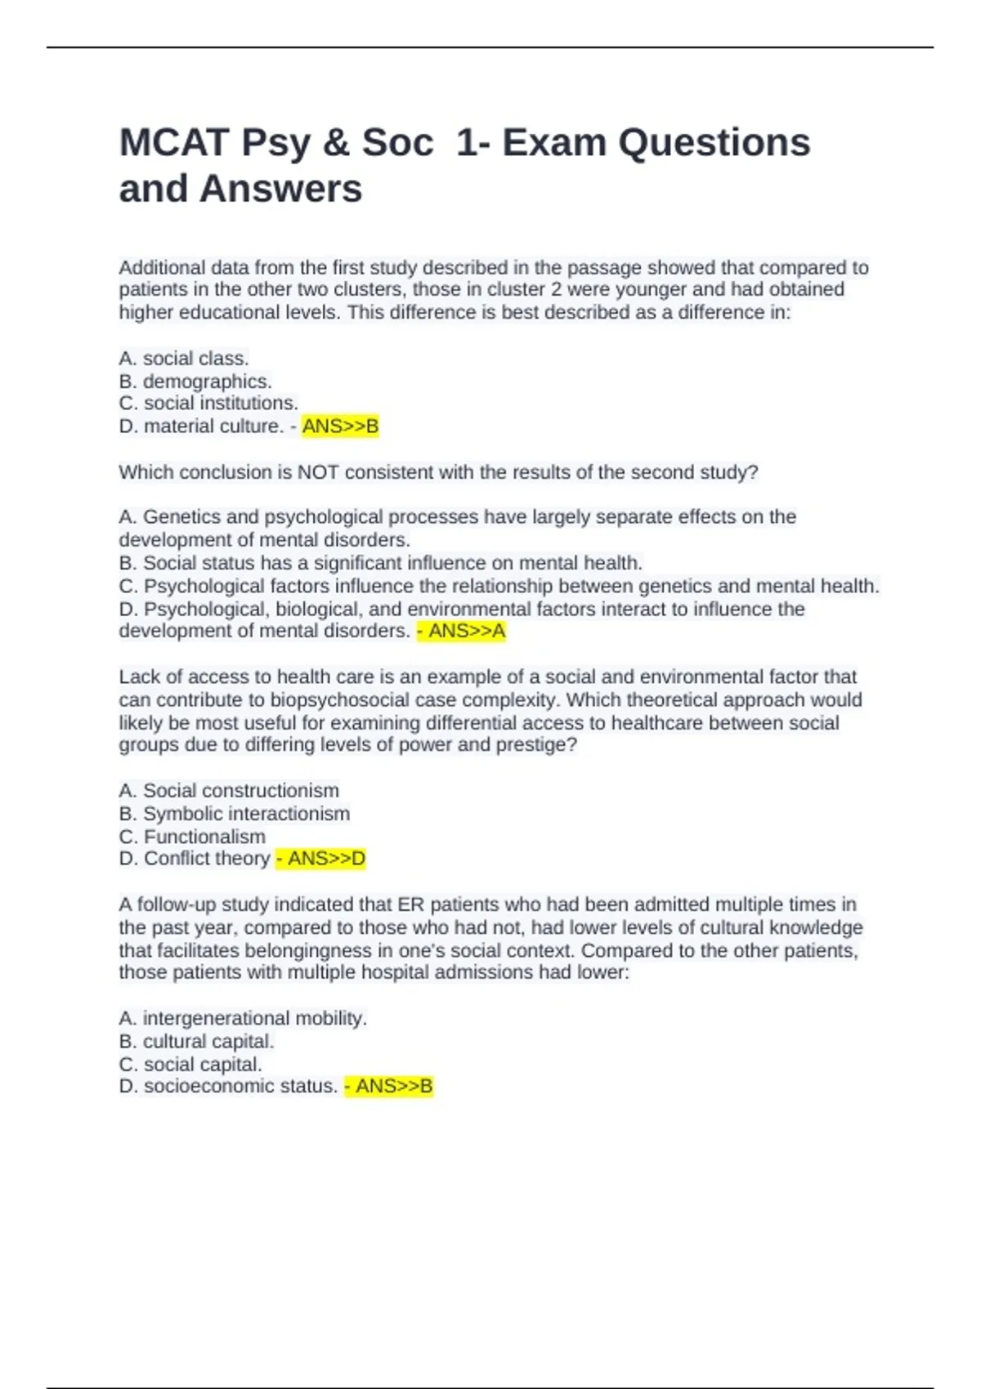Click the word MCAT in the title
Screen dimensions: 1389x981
pyautogui.click(x=173, y=143)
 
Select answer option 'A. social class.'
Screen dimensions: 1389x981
pyautogui.click(x=184, y=359)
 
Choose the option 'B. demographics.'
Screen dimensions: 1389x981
pyautogui.click(x=195, y=382)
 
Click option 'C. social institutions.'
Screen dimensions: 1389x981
pyautogui.click(x=208, y=404)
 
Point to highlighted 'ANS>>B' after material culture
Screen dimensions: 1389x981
pyautogui.click(x=340, y=427)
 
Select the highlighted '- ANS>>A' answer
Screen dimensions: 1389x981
pyautogui.click(x=461, y=631)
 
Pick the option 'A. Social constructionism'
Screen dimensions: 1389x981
pyautogui.click(x=229, y=791)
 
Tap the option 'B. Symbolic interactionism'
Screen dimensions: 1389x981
pyautogui.click(x=234, y=814)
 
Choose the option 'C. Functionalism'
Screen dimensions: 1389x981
pyautogui.click(x=192, y=837)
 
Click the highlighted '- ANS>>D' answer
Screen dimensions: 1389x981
pyautogui.click(x=320, y=859)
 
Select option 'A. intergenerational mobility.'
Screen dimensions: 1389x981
pyautogui.click(x=243, y=1019)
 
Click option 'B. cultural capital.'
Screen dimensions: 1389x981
pyautogui.click(x=196, y=1042)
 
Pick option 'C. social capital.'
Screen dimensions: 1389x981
pyautogui.click(x=190, y=1065)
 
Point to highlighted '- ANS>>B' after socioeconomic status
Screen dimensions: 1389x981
pyautogui.click(x=388, y=1087)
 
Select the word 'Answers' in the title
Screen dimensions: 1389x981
pyautogui.click(x=280, y=189)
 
